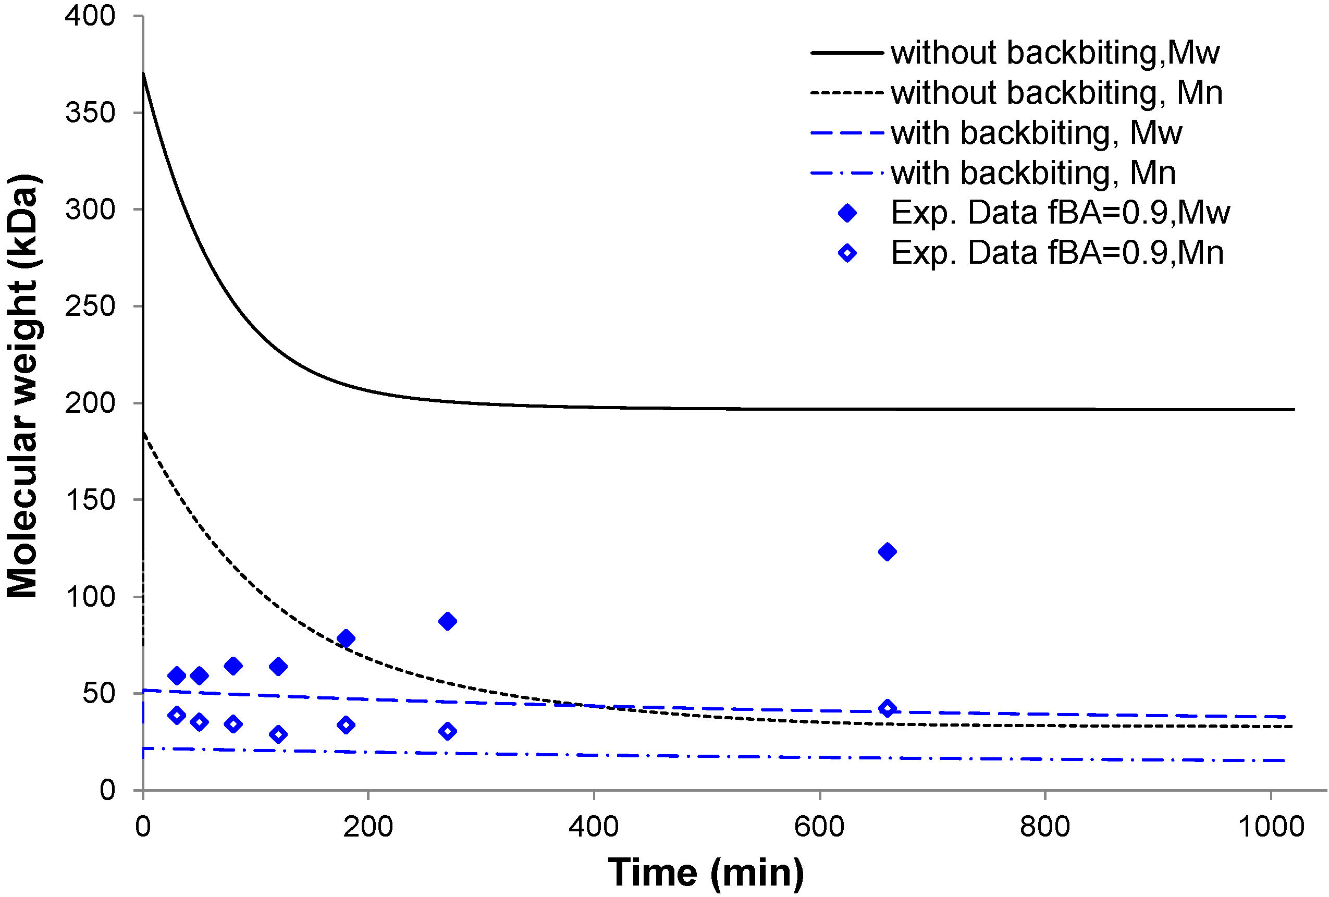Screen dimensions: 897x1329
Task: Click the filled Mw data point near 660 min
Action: [x=887, y=552]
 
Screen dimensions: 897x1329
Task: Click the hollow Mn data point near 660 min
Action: [x=887, y=708]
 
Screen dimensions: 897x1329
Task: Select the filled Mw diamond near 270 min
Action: [x=447, y=621]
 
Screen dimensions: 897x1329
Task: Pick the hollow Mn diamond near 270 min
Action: [x=447, y=731]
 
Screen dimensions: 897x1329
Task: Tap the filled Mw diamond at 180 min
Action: [x=346, y=638]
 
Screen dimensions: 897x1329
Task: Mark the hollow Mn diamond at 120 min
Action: [x=278, y=734]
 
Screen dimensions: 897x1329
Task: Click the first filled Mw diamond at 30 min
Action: [x=177, y=675]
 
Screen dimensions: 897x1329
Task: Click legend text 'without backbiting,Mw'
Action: [x=1055, y=53]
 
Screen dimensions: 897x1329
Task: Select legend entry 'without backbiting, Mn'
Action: [x=1057, y=93]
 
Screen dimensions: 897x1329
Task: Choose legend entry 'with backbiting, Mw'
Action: [x=1036, y=133]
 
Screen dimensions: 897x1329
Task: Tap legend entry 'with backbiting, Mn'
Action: [x=1033, y=173]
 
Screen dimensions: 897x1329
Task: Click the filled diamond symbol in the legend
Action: [x=847, y=213]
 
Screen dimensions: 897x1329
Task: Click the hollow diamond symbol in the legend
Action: [x=847, y=253]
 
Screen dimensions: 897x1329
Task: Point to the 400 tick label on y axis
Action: [x=90, y=16]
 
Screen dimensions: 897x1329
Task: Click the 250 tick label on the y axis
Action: [x=90, y=306]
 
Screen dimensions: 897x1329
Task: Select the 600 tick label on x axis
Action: [x=819, y=827]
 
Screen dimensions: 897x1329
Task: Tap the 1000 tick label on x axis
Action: [x=1271, y=827]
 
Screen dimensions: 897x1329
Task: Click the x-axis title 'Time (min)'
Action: [x=706, y=873]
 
